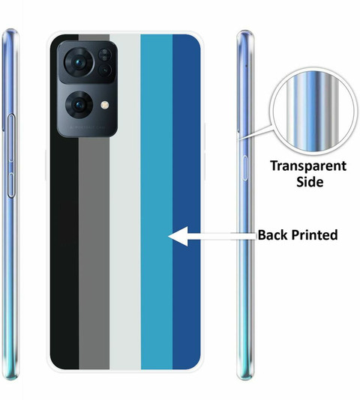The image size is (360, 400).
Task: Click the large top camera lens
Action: click(79, 62)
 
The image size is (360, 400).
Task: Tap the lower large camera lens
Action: click(79, 105)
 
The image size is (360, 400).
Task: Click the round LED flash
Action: click(104, 105)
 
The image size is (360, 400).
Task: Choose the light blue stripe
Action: click(157, 201)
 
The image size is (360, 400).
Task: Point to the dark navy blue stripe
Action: click(187, 201)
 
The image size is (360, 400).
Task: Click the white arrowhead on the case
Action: click(178, 236)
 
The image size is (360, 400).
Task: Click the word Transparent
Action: click(308, 166)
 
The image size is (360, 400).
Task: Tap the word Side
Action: click(310, 181)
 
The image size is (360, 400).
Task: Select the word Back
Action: click(272, 234)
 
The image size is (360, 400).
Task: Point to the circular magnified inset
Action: click(313, 111)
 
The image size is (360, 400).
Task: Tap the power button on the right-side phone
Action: click(245, 168)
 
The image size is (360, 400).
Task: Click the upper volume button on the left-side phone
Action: click(11, 139)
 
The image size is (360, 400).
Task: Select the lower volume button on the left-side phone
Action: click(10, 186)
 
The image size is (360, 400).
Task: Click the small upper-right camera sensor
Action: click(104, 55)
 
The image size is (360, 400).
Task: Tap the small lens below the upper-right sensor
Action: click(105, 70)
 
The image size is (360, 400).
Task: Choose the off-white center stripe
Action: click(125, 201)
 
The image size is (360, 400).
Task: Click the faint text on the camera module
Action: click(87, 127)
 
